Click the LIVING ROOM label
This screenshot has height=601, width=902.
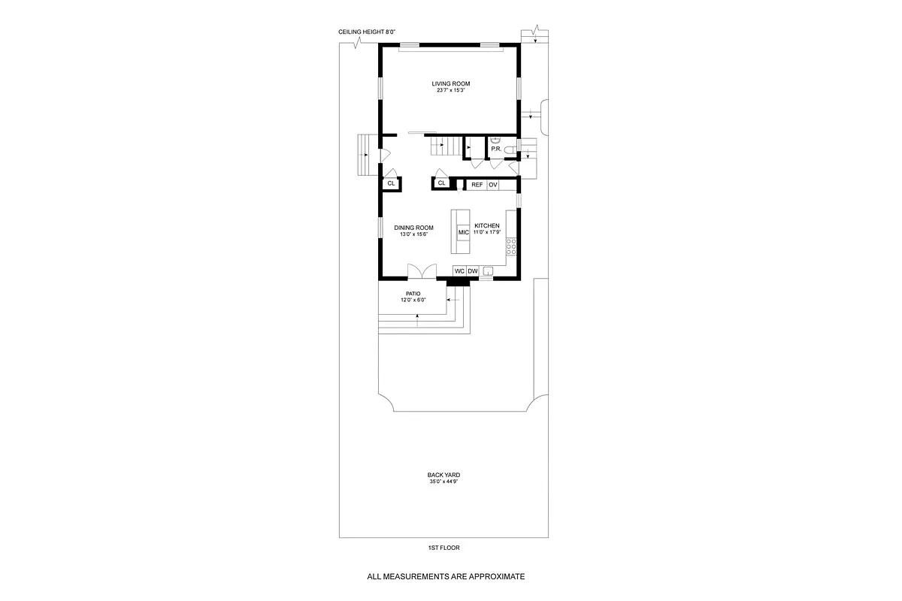click(x=451, y=83)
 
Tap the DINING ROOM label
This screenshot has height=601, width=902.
click(x=414, y=228)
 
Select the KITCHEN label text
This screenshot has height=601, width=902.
click(x=486, y=225)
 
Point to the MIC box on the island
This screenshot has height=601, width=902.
click(x=463, y=232)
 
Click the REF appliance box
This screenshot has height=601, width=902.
click(x=477, y=184)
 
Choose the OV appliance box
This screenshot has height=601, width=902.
click(x=492, y=184)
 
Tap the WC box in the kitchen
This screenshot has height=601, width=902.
click(x=459, y=271)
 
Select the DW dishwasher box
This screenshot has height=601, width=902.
click(x=473, y=271)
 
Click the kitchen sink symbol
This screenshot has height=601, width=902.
click(x=488, y=271)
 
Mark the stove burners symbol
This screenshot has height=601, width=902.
click(x=511, y=245)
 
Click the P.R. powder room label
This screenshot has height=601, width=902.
click(x=496, y=149)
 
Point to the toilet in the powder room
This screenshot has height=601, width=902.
click(x=510, y=151)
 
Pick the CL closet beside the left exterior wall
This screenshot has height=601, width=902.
click(x=391, y=183)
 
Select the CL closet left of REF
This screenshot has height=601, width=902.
click(x=442, y=183)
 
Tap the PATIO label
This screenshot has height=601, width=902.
click(x=413, y=293)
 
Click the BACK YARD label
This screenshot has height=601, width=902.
click(x=443, y=475)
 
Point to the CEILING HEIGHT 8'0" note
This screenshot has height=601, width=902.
click(x=367, y=32)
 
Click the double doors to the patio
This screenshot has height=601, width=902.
click(x=421, y=270)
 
